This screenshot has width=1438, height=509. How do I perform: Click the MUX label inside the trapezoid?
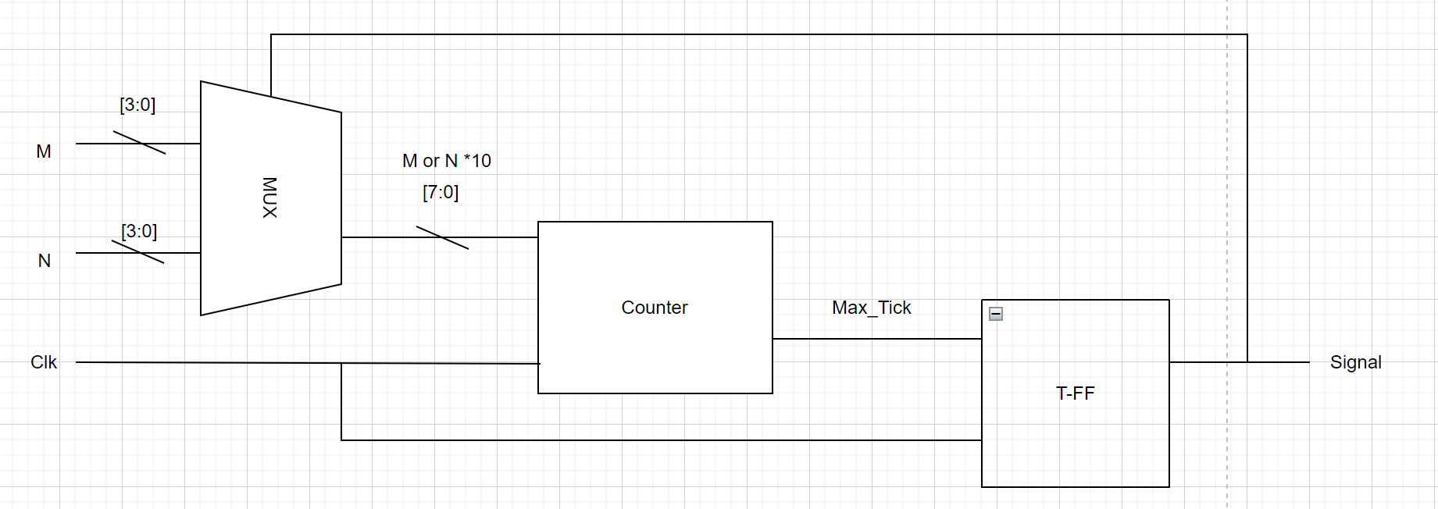[269, 198]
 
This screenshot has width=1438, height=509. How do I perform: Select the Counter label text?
[654, 308]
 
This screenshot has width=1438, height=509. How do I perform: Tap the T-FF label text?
[1075, 393]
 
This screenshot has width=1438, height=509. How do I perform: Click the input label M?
[44, 151]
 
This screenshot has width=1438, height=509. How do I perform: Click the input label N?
[45, 261]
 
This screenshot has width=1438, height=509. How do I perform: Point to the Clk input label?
[44, 362]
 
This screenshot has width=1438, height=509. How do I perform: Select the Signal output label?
[1355, 362]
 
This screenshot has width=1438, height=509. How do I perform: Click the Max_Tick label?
[871, 308]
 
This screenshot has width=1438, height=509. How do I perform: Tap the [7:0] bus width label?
[441, 192]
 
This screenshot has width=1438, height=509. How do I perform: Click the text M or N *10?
[446, 161]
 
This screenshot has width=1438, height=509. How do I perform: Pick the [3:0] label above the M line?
[137, 105]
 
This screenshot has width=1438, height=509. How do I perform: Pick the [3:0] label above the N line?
[139, 231]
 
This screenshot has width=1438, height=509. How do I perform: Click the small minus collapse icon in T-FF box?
[996, 314]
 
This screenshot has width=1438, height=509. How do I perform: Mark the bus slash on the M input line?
[139, 143]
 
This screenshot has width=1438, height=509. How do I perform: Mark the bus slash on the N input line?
[137, 252]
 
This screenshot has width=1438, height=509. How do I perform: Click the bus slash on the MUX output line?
[442, 237]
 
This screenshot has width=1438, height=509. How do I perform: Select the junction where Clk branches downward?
[341, 363]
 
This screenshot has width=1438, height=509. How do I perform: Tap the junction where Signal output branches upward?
[1247, 362]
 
